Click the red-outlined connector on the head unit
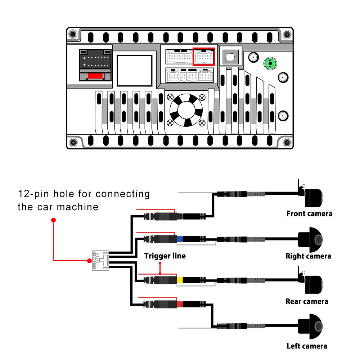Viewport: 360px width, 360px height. point(204,57)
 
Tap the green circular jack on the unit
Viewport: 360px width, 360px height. point(270,64)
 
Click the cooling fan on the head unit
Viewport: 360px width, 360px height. point(185,109)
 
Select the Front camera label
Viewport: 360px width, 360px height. point(309,213)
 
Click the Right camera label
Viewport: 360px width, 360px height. point(308,256)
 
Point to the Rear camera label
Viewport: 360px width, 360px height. point(307,301)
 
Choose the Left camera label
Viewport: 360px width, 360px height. point(307,346)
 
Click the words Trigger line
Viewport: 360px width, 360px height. point(165,256)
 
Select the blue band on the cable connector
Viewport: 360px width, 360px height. point(179,238)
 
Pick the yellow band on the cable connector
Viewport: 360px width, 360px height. point(179,280)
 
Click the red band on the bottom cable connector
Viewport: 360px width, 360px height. point(179,304)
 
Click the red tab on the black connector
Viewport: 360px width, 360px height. point(95,76)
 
